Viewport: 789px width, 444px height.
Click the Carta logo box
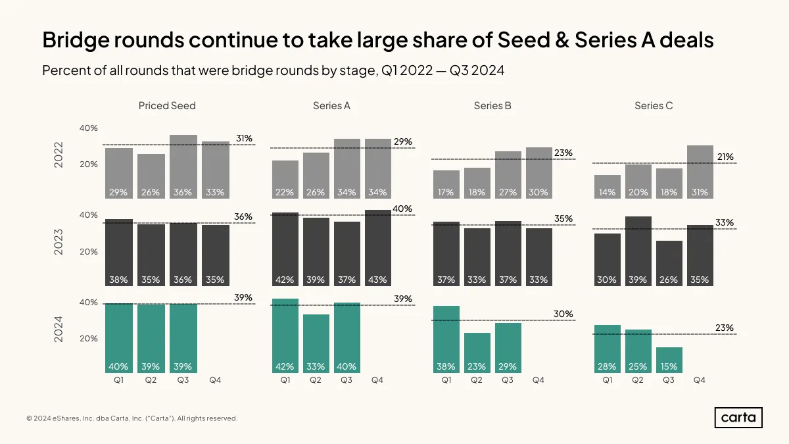point(738,418)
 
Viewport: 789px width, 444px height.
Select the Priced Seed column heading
point(167,106)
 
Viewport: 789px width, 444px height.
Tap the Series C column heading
point(654,106)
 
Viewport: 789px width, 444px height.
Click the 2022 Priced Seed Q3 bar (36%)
point(183,166)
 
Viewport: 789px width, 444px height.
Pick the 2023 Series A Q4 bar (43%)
point(378,248)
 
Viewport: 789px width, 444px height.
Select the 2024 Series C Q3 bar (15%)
point(669,360)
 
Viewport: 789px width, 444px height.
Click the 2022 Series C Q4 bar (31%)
point(700,172)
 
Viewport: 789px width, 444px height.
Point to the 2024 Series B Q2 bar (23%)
point(477,353)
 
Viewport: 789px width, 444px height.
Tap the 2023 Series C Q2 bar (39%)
point(638,251)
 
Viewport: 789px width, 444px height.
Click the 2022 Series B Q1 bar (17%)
point(446,185)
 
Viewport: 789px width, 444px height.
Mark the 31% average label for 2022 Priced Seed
point(244,139)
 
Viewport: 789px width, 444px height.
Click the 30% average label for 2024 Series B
point(563,314)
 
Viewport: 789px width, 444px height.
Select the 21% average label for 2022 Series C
point(725,157)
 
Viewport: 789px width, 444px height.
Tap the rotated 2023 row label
point(58,242)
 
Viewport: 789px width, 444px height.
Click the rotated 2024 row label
point(58,329)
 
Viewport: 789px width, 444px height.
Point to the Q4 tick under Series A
point(377,380)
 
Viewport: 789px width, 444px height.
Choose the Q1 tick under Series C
point(608,380)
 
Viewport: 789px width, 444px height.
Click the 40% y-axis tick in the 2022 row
point(88,128)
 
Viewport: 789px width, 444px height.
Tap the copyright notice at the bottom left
point(132,418)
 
